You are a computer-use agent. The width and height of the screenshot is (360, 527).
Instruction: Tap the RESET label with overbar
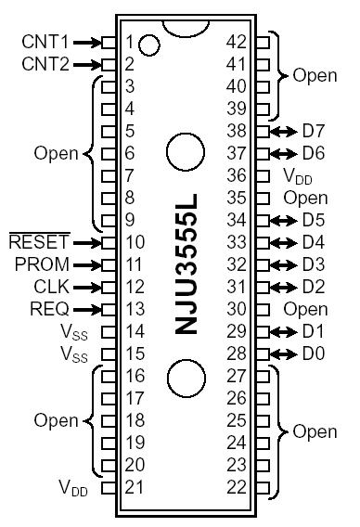click(x=34, y=242)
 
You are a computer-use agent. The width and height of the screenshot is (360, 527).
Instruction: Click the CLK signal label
click(x=48, y=287)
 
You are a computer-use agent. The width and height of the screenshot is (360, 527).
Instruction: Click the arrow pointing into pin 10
click(x=84, y=242)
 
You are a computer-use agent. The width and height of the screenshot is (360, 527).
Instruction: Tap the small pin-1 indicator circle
click(x=153, y=43)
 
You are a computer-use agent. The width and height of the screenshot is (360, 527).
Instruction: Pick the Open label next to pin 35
click(x=306, y=198)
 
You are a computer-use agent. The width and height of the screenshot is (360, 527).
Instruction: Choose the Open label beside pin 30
click(x=306, y=309)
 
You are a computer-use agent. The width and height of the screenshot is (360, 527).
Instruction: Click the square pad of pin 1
click(x=109, y=42)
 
